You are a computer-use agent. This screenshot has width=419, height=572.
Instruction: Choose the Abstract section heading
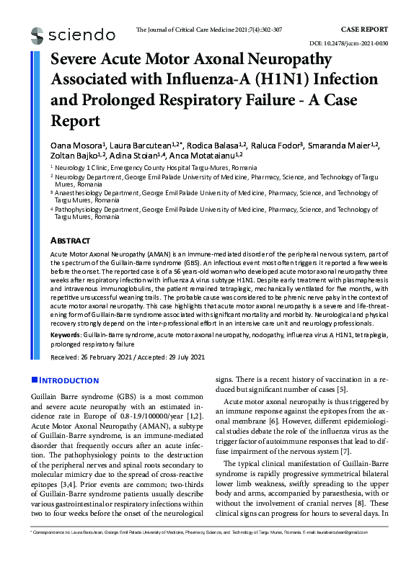click(70, 240)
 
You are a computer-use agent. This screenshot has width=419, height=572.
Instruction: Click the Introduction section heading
click(69, 380)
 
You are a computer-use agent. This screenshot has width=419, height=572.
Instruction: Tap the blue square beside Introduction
click(34, 380)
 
